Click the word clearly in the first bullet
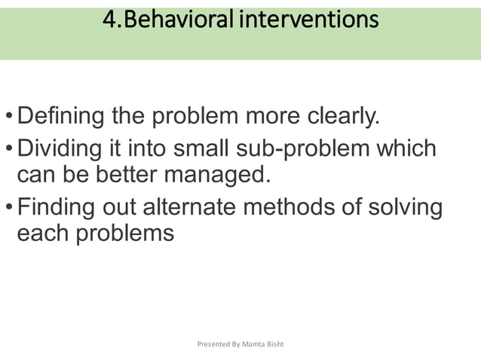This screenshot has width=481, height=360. click(x=344, y=117)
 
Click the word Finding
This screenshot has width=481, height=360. click(x=58, y=206)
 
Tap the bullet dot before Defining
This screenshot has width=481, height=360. click(x=8, y=119)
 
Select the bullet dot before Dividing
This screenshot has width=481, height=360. click(x=8, y=149)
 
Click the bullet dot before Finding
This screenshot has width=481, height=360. click(x=8, y=207)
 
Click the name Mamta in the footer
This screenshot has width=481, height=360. click(x=254, y=344)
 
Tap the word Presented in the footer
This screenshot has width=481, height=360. click(x=213, y=344)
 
